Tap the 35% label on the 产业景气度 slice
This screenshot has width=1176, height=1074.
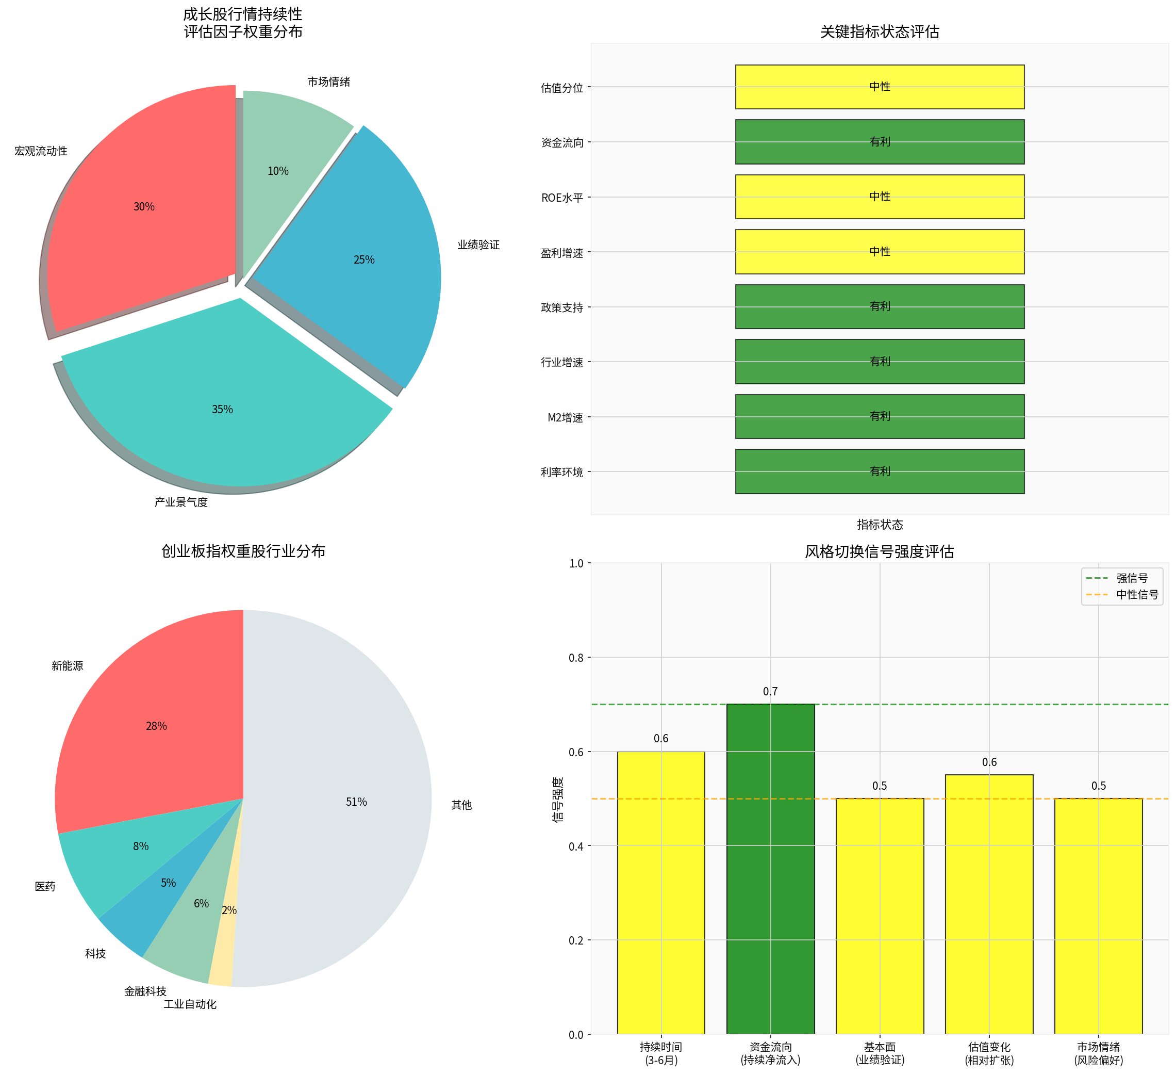[x=222, y=410]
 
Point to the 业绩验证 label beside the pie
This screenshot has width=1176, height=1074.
[x=478, y=245]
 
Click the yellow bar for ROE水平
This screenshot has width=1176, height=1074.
[x=879, y=197]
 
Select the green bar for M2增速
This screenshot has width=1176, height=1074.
[x=879, y=417]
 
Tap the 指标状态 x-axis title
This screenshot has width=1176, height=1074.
[x=880, y=525]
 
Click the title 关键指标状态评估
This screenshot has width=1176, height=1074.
[x=880, y=31]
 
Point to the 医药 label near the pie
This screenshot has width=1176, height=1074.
[x=45, y=887]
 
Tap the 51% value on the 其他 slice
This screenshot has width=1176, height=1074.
[x=356, y=802]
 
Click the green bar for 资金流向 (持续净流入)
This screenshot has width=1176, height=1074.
[x=770, y=875]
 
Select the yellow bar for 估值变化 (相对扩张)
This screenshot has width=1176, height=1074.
[x=989, y=910]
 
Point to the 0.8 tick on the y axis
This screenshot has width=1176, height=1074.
[x=576, y=658]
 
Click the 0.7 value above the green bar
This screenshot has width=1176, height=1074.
[x=770, y=692]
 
